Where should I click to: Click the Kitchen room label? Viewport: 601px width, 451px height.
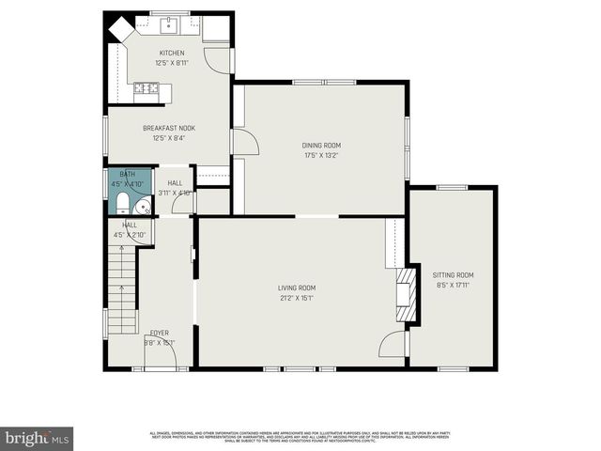pos(171,53)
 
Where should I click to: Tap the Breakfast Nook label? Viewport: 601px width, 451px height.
pos(169,128)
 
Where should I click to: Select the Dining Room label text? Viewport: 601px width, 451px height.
pos(320,145)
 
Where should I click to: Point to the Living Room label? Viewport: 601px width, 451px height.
pos(296,288)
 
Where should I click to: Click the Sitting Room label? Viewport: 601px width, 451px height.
pos(453,275)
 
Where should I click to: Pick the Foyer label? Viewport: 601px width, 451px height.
pos(160,333)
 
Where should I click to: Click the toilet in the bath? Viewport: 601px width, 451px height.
pos(123,204)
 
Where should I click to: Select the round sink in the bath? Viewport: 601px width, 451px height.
pos(143,206)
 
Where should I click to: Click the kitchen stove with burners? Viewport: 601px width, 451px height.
pos(146,89)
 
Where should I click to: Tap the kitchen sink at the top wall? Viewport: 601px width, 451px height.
pos(172,23)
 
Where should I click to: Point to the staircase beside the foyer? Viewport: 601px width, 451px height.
pos(122,287)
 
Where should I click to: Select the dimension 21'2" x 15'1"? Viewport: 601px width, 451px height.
pos(296,298)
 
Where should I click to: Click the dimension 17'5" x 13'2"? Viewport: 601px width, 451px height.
pos(320,155)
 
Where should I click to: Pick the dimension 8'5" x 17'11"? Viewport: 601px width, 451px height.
pos(453,286)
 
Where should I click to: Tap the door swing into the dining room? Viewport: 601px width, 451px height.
pos(245,142)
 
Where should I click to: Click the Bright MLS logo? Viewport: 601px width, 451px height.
pos(38,438)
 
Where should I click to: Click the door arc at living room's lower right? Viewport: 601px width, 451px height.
pos(392,345)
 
